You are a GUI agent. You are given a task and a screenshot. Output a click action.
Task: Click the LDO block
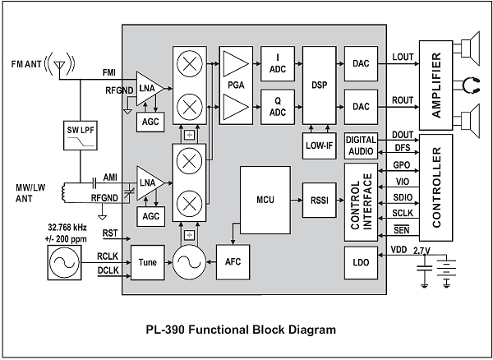(x=359, y=262)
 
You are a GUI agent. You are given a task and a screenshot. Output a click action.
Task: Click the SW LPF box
(x=81, y=133)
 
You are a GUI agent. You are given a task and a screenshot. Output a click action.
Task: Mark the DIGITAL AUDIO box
(x=360, y=145)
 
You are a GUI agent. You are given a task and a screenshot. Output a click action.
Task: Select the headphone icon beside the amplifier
(x=470, y=82)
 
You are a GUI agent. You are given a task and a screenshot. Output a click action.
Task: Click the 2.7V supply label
(x=422, y=252)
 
